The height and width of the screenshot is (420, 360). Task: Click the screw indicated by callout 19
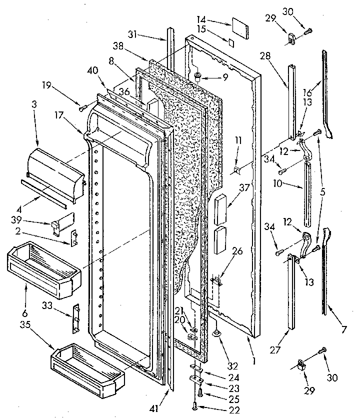[x=82, y=106]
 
